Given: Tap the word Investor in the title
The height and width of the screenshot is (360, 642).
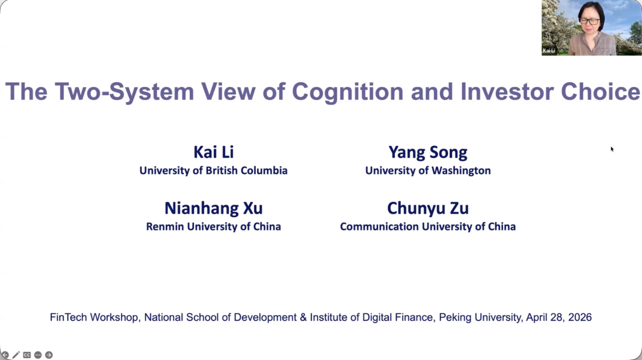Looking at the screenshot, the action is (507, 92).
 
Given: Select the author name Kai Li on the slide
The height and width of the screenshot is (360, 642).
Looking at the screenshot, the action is (213, 152).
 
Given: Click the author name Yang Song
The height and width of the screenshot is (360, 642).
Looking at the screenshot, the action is (428, 152).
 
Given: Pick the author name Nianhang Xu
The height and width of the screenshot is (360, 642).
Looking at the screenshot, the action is (213, 208).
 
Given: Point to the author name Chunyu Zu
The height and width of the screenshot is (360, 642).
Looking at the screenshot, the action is (428, 208).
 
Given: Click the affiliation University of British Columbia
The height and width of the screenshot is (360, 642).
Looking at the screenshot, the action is (213, 171).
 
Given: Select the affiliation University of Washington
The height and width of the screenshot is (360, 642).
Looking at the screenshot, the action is (428, 171).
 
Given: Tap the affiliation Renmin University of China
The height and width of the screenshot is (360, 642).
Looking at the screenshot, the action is (213, 226).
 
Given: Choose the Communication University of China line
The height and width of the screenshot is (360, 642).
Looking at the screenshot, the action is (428, 226).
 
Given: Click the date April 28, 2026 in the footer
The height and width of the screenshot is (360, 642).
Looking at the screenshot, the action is (559, 317).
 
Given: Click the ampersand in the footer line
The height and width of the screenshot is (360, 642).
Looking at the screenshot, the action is (303, 317).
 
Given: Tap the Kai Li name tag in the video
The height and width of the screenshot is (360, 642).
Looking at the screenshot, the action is (549, 51).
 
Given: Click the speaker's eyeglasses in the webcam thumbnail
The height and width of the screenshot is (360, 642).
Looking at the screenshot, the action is (589, 21).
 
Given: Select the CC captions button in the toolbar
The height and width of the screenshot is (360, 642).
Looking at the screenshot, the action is (27, 355).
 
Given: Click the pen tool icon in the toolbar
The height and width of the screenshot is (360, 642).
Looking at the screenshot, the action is (16, 355).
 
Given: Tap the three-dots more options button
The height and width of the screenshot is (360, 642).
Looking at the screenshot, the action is (38, 355).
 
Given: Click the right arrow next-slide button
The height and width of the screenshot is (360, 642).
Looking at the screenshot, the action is (49, 355).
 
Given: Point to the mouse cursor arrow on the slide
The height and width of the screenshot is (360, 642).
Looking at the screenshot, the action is (612, 149).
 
